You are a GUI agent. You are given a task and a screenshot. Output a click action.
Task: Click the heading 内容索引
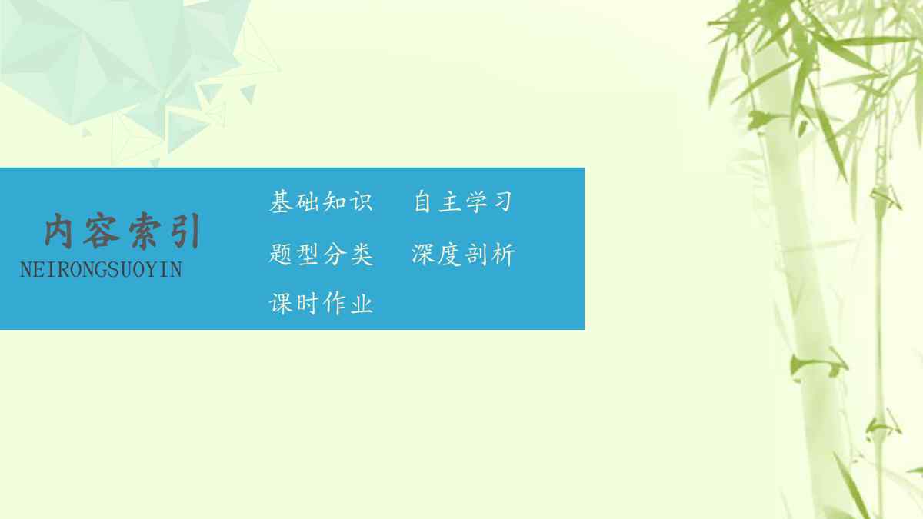pos(122,231)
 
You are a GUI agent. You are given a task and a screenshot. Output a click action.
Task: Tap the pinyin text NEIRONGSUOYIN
pos(101,270)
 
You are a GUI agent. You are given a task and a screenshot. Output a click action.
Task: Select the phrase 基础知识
pos(321,201)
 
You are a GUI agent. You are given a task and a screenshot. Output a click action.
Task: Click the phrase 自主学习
pos(463,201)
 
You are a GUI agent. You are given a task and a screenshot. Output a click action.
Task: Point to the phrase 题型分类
pos(321,255)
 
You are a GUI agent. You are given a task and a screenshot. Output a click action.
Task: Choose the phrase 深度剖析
pos(464,255)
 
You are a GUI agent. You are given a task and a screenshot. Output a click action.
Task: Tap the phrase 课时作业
pos(321,304)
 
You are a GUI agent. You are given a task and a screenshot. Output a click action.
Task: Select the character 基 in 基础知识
pos(281,201)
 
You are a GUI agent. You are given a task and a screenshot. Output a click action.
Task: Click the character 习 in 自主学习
pos(501,201)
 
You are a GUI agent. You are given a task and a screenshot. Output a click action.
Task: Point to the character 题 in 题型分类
pos(281,255)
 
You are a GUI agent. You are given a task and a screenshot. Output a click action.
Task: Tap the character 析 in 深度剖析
pos(504,255)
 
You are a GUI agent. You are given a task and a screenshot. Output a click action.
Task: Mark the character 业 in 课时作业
pos(362,304)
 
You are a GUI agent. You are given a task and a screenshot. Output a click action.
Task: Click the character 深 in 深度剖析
pos(424,255)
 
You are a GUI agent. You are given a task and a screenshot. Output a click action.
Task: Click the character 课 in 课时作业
pos(281,304)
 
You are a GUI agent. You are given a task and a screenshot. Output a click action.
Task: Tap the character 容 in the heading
pos(102,231)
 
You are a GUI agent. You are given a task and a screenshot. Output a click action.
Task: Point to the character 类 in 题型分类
pos(362,255)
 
